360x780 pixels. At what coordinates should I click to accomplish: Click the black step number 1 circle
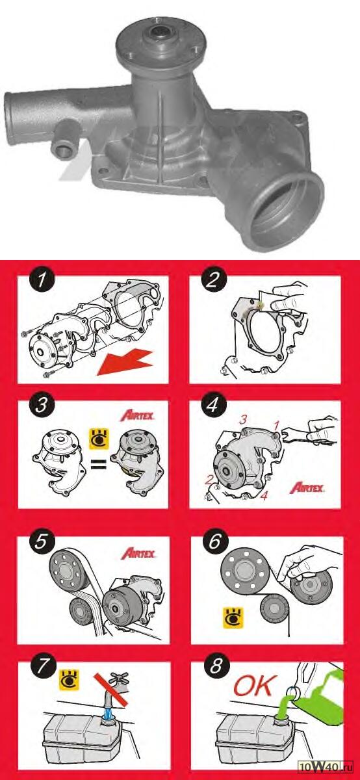42,280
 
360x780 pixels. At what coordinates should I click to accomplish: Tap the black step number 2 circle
213,280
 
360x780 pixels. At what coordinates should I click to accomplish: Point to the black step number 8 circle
216,666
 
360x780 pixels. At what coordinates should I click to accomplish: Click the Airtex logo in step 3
138,416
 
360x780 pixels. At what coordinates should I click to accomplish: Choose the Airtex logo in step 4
307,488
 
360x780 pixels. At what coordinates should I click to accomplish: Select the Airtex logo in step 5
138,553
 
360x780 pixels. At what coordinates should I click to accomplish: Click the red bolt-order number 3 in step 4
242,420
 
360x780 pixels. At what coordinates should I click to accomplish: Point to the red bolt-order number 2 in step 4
209,480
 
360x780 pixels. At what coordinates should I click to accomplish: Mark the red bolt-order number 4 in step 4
264,495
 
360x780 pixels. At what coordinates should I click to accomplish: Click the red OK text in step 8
255,686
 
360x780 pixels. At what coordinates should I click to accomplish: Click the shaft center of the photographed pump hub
161,34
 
